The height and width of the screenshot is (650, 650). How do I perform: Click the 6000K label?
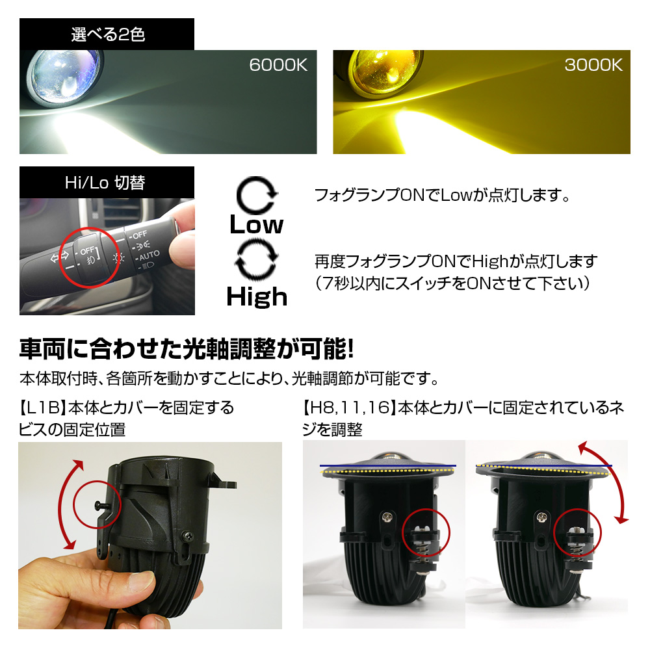click(x=278, y=65)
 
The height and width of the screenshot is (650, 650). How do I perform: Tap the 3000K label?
click(x=593, y=65)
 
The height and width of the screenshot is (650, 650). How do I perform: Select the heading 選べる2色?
click(x=108, y=34)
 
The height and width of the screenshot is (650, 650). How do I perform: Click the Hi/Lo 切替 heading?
click(x=105, y=183)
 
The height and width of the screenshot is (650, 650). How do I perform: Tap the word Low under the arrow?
click(x=257, y=225)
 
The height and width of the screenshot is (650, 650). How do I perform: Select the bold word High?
click(x=257, y=297)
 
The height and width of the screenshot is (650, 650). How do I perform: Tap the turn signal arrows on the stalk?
click(x=60, y=257)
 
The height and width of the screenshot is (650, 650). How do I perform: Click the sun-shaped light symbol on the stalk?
click(x=118, y=259)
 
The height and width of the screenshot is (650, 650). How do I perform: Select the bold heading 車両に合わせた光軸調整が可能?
click(x=187, y=349)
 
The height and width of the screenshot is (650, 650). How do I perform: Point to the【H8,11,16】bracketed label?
click(x=349, y=408)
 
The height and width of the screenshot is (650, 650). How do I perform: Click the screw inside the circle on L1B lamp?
click(x=100, y=505)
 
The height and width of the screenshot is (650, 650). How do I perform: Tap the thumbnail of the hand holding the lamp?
click(x=150, y=536)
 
